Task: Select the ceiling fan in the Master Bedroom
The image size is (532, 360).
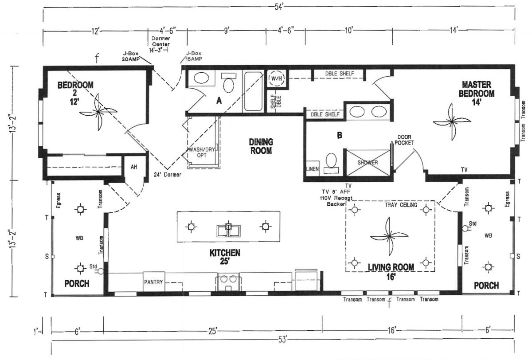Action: click(451, 120)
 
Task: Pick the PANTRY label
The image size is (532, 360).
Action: click(154, 282)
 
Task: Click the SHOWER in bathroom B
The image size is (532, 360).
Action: click(368, 163)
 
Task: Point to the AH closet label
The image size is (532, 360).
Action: click(134, 167)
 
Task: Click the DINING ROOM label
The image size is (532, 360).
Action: click(260, 146)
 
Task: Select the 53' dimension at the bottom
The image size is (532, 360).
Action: click(283, 339)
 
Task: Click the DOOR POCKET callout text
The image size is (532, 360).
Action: click(405, 140)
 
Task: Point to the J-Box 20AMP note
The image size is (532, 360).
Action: click(131, 56)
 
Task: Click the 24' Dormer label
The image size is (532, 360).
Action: click(167, 174)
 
